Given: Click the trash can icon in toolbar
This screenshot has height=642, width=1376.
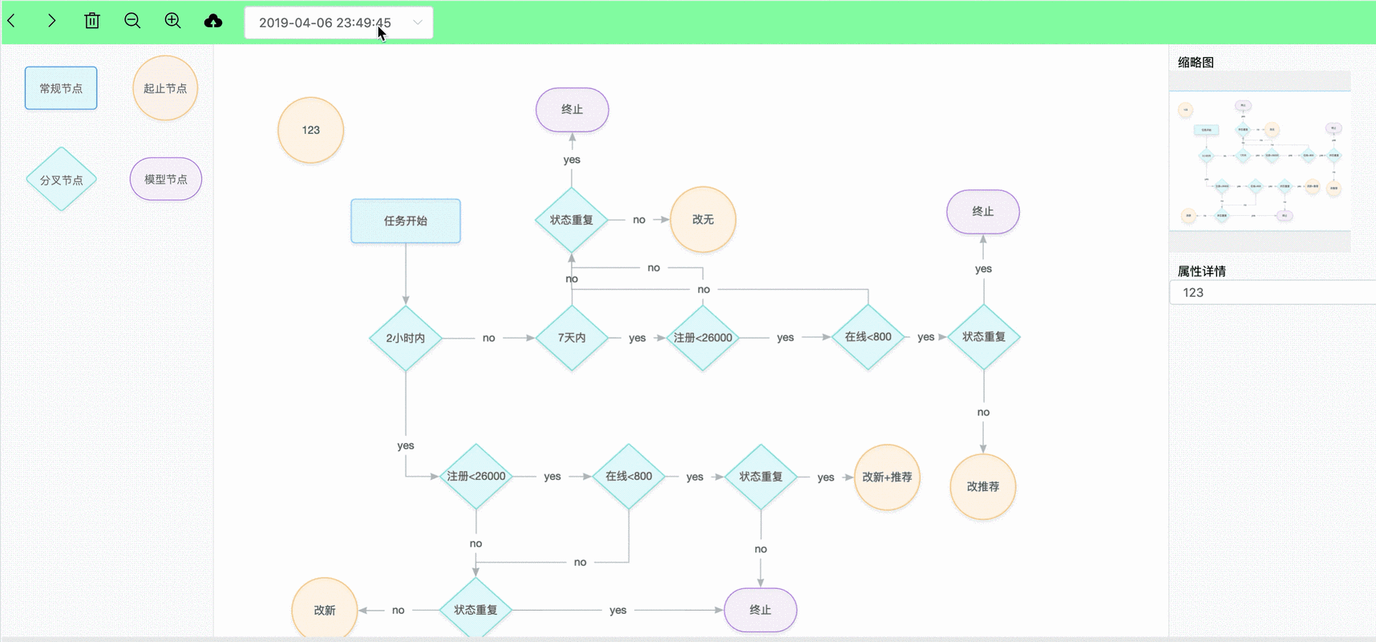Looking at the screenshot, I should [x=92, y=21].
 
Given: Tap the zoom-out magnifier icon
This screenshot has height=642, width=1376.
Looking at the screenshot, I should [x=132, y=21].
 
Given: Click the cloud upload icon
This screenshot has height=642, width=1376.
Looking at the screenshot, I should [x=213, y=21].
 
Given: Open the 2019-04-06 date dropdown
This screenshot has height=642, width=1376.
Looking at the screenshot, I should [x=338, y=22].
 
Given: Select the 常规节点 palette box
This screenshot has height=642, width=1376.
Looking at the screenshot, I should [x=61, y=88].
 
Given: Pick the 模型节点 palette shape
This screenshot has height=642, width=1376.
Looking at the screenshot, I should [x=166, y=179].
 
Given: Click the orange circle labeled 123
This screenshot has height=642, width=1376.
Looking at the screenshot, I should [x=310, y=130].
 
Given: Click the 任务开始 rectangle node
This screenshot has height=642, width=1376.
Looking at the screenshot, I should [x=406, y=221].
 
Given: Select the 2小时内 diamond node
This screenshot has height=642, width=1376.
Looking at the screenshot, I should [x=406, y=338].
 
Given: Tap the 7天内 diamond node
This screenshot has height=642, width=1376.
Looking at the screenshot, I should [x=572, y=338].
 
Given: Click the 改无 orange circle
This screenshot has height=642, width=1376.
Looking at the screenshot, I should [x=702, y=219].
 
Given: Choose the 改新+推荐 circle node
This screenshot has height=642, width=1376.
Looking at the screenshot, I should [x=887, y=477].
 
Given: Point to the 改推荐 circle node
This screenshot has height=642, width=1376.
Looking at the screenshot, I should [x=982, y=486].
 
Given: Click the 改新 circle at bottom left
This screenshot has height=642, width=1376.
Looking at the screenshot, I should [x=325, y=610].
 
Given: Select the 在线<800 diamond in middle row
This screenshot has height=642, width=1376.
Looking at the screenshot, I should [x=868, y=337].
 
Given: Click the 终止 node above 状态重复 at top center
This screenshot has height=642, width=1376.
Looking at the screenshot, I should [x=572, y=109].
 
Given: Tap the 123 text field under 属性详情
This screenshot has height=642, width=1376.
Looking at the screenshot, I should [x=1271, y=292].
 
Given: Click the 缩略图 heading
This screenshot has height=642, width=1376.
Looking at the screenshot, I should [x=1196, y=63].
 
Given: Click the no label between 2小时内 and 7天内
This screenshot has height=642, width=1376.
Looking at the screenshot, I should [x=488, y=338].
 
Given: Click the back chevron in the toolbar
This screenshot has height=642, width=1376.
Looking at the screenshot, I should [x=12, y=21].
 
